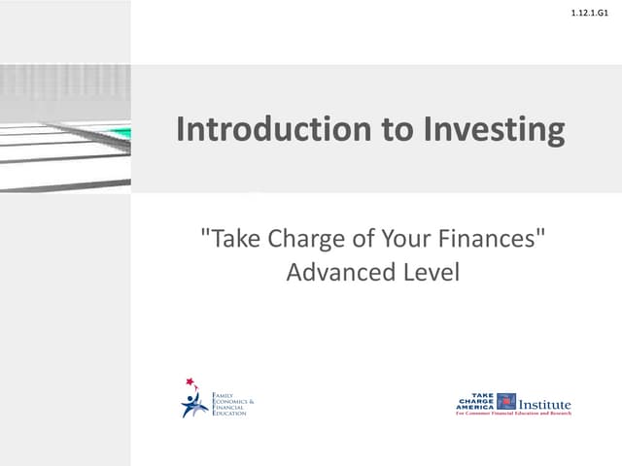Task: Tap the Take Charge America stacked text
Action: pyautogui.click(x=475, y=401)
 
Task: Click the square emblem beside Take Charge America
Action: pyautogui.click(x=506, y=401)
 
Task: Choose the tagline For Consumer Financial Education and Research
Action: pyautogui.click(x=513, y=414)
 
